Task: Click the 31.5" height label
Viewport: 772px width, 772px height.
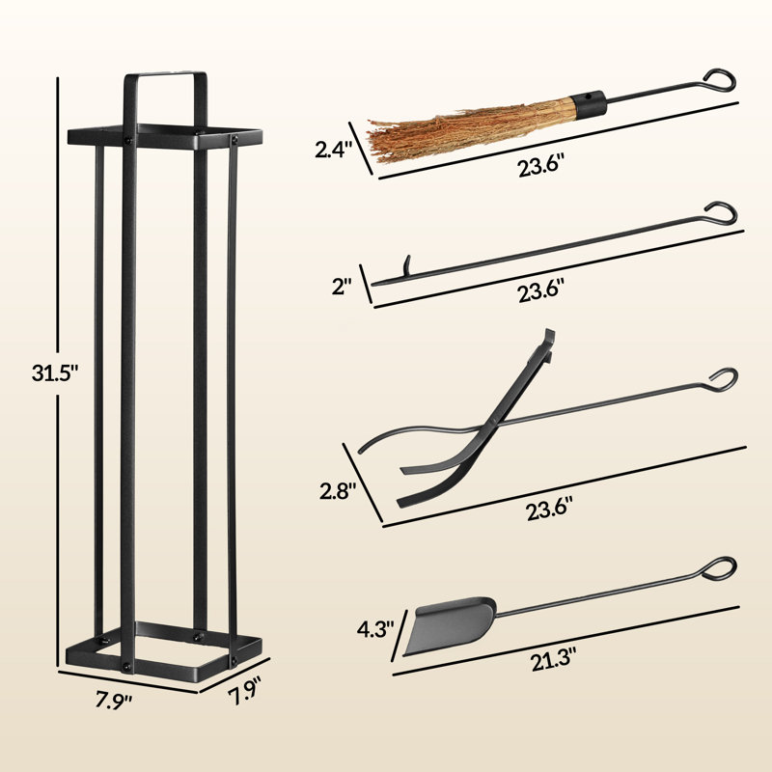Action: coord(32,372)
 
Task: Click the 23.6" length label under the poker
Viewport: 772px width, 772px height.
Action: coord(540,289)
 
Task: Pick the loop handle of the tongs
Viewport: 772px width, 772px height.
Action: coord(723,377)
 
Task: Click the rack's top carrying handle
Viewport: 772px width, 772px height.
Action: coord(163,77)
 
